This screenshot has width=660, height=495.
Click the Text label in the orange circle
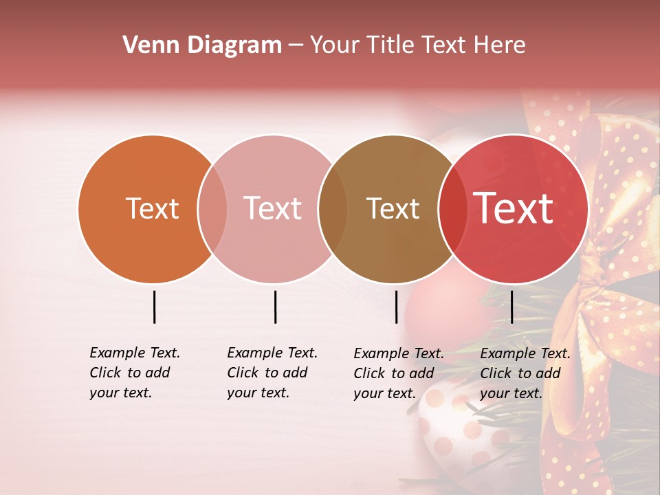152,208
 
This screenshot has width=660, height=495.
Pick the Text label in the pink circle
272,208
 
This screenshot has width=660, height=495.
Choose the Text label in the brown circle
393,208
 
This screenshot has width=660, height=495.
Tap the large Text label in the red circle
513,208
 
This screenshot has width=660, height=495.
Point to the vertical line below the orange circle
154,307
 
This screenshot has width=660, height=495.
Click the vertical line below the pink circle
275,307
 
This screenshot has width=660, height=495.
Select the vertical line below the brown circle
396,307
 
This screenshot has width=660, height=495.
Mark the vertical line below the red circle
511,307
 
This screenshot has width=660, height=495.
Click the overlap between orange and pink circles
212,209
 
